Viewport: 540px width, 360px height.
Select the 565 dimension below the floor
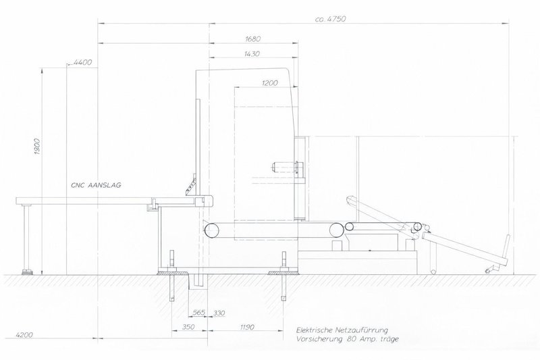click(x=198, y=313)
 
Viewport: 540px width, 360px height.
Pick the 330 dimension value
click(x=219, y=313)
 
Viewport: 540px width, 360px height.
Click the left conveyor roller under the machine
click(x=209, y=230)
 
